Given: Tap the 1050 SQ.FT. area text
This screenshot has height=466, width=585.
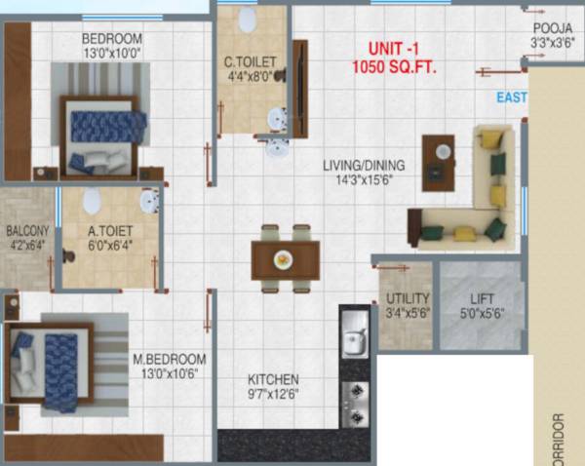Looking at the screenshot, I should coord(395,68).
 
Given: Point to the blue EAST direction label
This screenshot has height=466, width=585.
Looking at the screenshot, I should coord(510,98).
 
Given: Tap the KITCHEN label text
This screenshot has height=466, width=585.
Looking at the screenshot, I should coord(272,379).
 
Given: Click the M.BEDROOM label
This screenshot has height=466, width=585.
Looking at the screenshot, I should coord(169,358).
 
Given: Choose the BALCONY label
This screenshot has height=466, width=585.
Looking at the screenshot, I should coord(26,231).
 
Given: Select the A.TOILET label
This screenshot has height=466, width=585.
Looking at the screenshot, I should coord(108,231).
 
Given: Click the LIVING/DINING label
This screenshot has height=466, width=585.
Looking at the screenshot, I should coord(364,166).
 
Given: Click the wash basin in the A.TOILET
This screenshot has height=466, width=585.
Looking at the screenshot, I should coord(149,202).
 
